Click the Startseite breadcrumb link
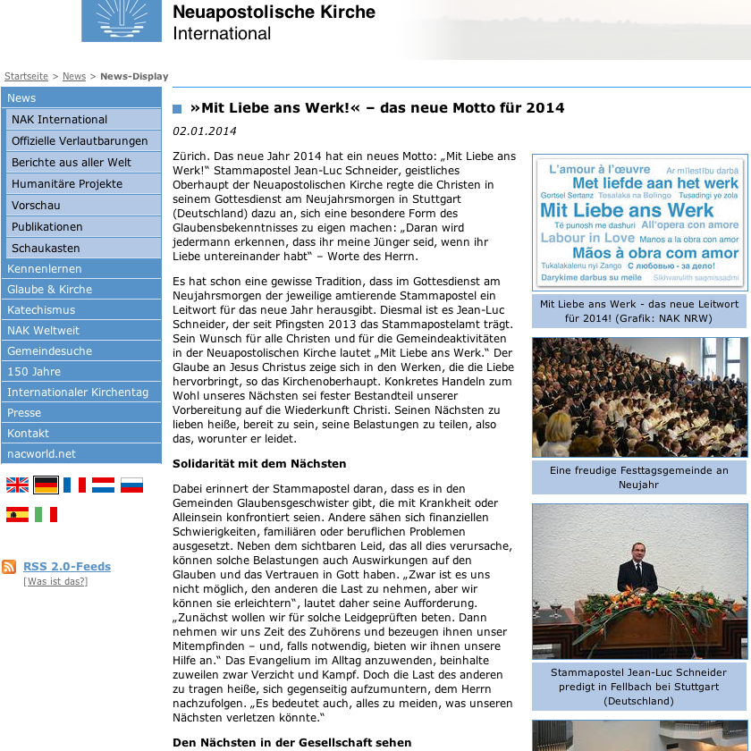click(26, 77)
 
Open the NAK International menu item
click(59, 120)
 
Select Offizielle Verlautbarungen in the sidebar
click(80, 141)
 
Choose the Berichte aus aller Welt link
click(72, 163)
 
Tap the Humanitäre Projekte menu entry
click(67, 184)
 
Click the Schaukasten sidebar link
click(46, 249)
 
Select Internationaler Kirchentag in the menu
click(78, 392)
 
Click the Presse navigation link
click(24, 413)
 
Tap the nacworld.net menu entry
click(41, 454)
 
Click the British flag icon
click(18, 485)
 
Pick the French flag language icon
click(74, 485)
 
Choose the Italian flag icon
click(46, 514)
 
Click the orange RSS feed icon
click(9, 567)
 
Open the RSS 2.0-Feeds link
click(67, 567)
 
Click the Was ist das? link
click(55, 582)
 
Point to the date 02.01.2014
click(205, 131)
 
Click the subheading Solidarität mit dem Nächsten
click(259, 464)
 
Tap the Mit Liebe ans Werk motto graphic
click(640, 222)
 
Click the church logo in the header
click(122, 21)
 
